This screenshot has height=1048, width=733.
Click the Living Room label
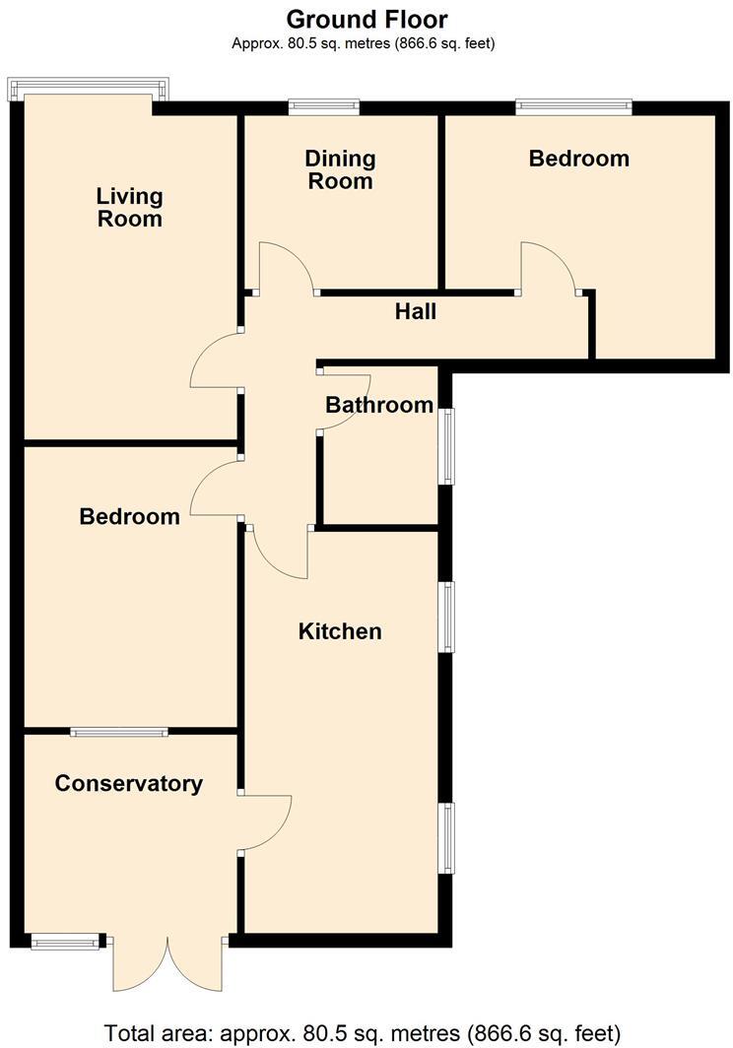(x=129, y=208)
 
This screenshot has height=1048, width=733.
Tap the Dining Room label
(x=340, y=169)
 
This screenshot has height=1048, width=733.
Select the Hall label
(x=416, y=312)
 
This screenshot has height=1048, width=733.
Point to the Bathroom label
(x=379, y=405)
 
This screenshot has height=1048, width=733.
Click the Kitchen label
(x=340, y=631)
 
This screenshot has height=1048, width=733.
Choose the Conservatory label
(x=129, y=784)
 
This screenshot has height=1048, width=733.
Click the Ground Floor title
(x=366, y=19)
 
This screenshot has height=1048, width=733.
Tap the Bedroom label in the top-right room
(x=578, y=159)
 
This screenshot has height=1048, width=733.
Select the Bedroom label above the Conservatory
(x=130, y=516)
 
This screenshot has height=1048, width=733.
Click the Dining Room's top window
(x=324, y=106)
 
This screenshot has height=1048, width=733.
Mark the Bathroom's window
(x=447, y=447)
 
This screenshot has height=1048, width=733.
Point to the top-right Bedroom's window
(x=574, y=106)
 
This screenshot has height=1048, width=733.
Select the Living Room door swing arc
(x=213, y=360)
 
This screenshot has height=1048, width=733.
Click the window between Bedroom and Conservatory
(x=119, y=731)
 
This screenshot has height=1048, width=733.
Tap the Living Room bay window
(x=89, y=89)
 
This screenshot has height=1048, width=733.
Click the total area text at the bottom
(x=363, y=1033)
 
